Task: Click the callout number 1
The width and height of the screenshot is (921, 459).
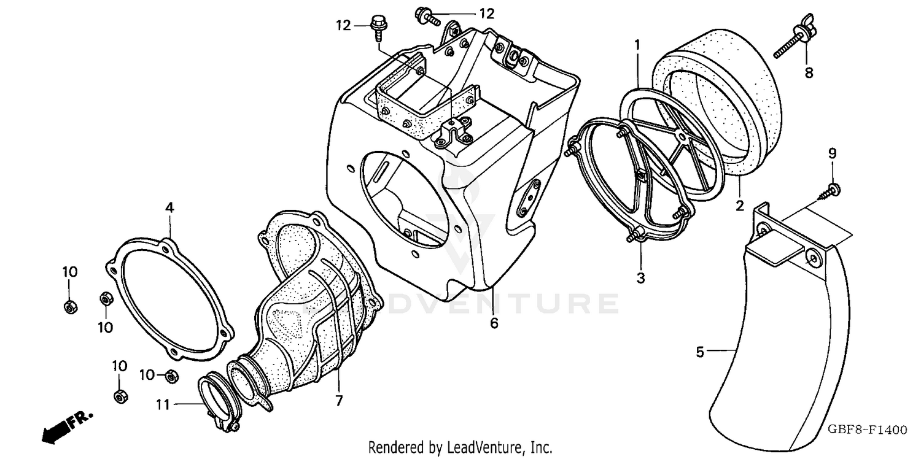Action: click(637, 45)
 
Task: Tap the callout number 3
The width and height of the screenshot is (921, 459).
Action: click(640, 278)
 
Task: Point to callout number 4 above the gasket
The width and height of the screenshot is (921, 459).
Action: click(169, 208)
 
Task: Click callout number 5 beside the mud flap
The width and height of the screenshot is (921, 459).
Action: click(700, 352)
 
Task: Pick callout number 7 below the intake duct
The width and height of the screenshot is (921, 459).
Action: click(338, 401)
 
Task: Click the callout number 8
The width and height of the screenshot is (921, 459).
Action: click(809, 73)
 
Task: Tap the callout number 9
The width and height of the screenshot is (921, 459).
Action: click(833, 154)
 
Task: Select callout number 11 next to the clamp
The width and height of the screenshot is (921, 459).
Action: click(161, 404)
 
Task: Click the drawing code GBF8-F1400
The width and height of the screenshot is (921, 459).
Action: click(871, 430)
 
